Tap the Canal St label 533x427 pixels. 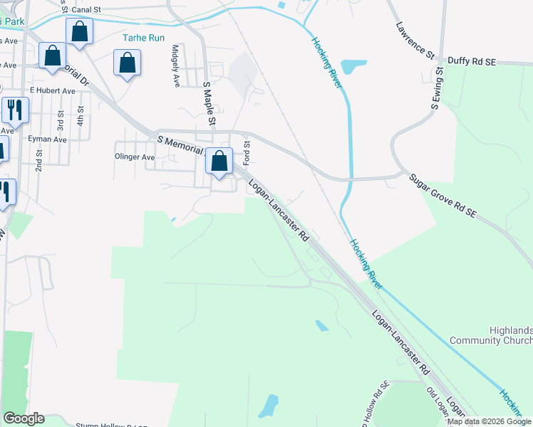tap(102, 11)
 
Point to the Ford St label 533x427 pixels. tap(247, 154)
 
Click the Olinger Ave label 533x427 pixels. tap(135, 157)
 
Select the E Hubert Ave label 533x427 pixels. tap(52, 91)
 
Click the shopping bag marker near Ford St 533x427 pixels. tap(219, 162)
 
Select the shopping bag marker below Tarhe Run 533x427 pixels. tap(127, 63)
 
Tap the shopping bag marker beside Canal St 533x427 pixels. tap(79, 31)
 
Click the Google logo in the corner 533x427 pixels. tap(24, 418)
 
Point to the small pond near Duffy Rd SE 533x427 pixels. tap(353, 67)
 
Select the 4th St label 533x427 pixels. tap(81, 117)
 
